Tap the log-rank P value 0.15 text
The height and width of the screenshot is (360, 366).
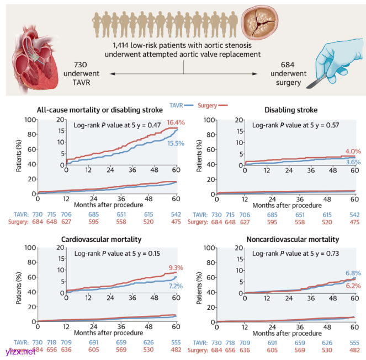[x=153, y=255]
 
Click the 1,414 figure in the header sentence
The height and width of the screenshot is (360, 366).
[x=123, y=45]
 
